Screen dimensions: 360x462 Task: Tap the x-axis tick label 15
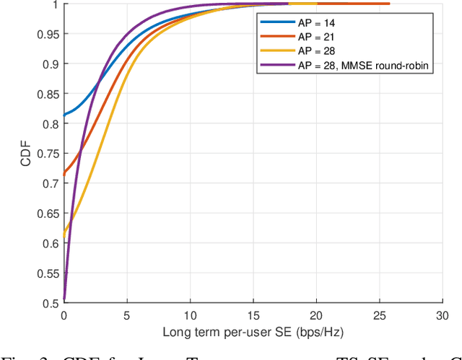253,315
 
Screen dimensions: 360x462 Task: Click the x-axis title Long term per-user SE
253,333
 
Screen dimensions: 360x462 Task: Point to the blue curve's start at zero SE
64,115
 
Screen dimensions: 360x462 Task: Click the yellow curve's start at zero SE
64,235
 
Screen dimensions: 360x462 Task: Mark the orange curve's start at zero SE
64,175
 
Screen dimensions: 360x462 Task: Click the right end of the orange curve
389,4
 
